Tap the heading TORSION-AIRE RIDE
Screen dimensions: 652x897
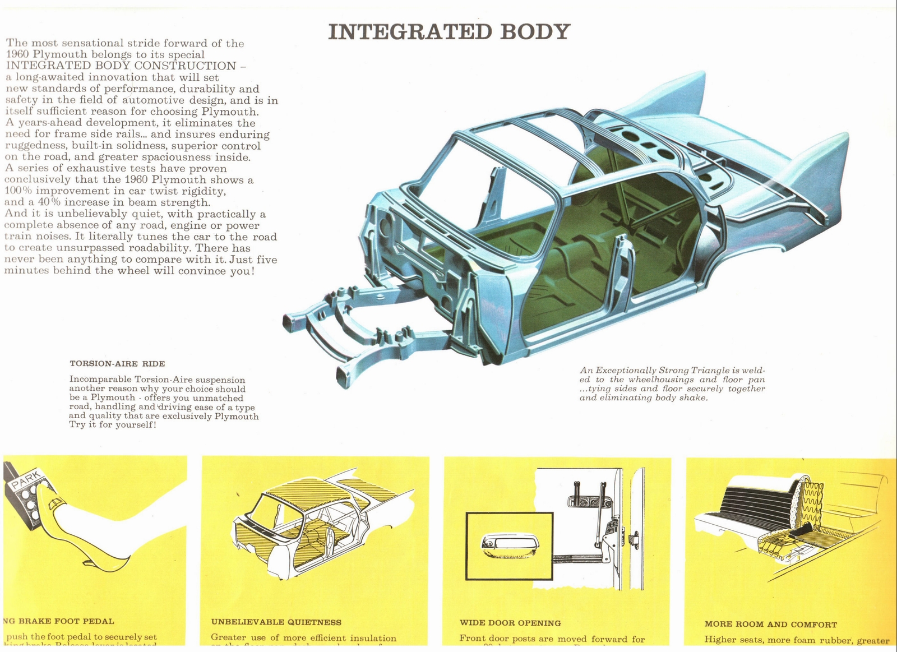click(117, 364)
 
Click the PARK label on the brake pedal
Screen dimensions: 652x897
click(26, 479)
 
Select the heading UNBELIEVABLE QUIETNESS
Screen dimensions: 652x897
click(276, 622)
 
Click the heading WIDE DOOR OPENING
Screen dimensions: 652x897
click(510, 623)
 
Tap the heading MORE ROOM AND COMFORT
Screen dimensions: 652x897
click(770, 625)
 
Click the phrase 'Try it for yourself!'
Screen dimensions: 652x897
click(112, 425)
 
